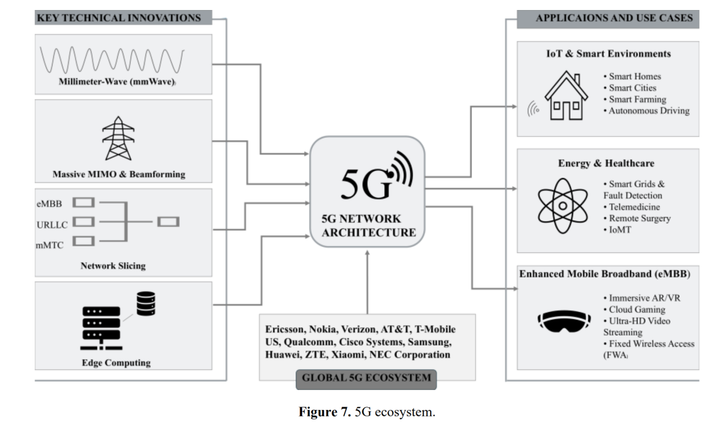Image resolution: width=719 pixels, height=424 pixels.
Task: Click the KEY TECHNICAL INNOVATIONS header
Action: coord(118,18)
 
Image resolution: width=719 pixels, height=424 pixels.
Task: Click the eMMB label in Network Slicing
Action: coord(50,202)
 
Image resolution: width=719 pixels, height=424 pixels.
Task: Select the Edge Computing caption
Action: coord(116,363)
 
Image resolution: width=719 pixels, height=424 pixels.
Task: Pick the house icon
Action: coord(566,98)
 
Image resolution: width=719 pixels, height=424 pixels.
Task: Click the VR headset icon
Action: coord(564,321)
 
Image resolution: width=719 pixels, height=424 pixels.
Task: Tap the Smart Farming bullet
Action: coord(636,99)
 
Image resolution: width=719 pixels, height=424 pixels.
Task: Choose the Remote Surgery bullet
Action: coord(639,218)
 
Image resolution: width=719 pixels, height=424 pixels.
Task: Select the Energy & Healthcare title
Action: coord(605,163)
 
